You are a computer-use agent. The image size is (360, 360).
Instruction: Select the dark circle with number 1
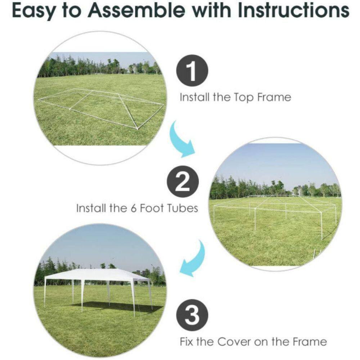tap(192, 71)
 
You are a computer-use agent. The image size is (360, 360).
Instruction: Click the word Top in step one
tap(246, 97)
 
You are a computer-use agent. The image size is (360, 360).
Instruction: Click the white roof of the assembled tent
tap(97, 275)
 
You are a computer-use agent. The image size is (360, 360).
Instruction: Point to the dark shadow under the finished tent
tap(115, 307)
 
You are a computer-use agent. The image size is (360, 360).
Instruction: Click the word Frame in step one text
tap(274, 97)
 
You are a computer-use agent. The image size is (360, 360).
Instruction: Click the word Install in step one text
tap(194, 97)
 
